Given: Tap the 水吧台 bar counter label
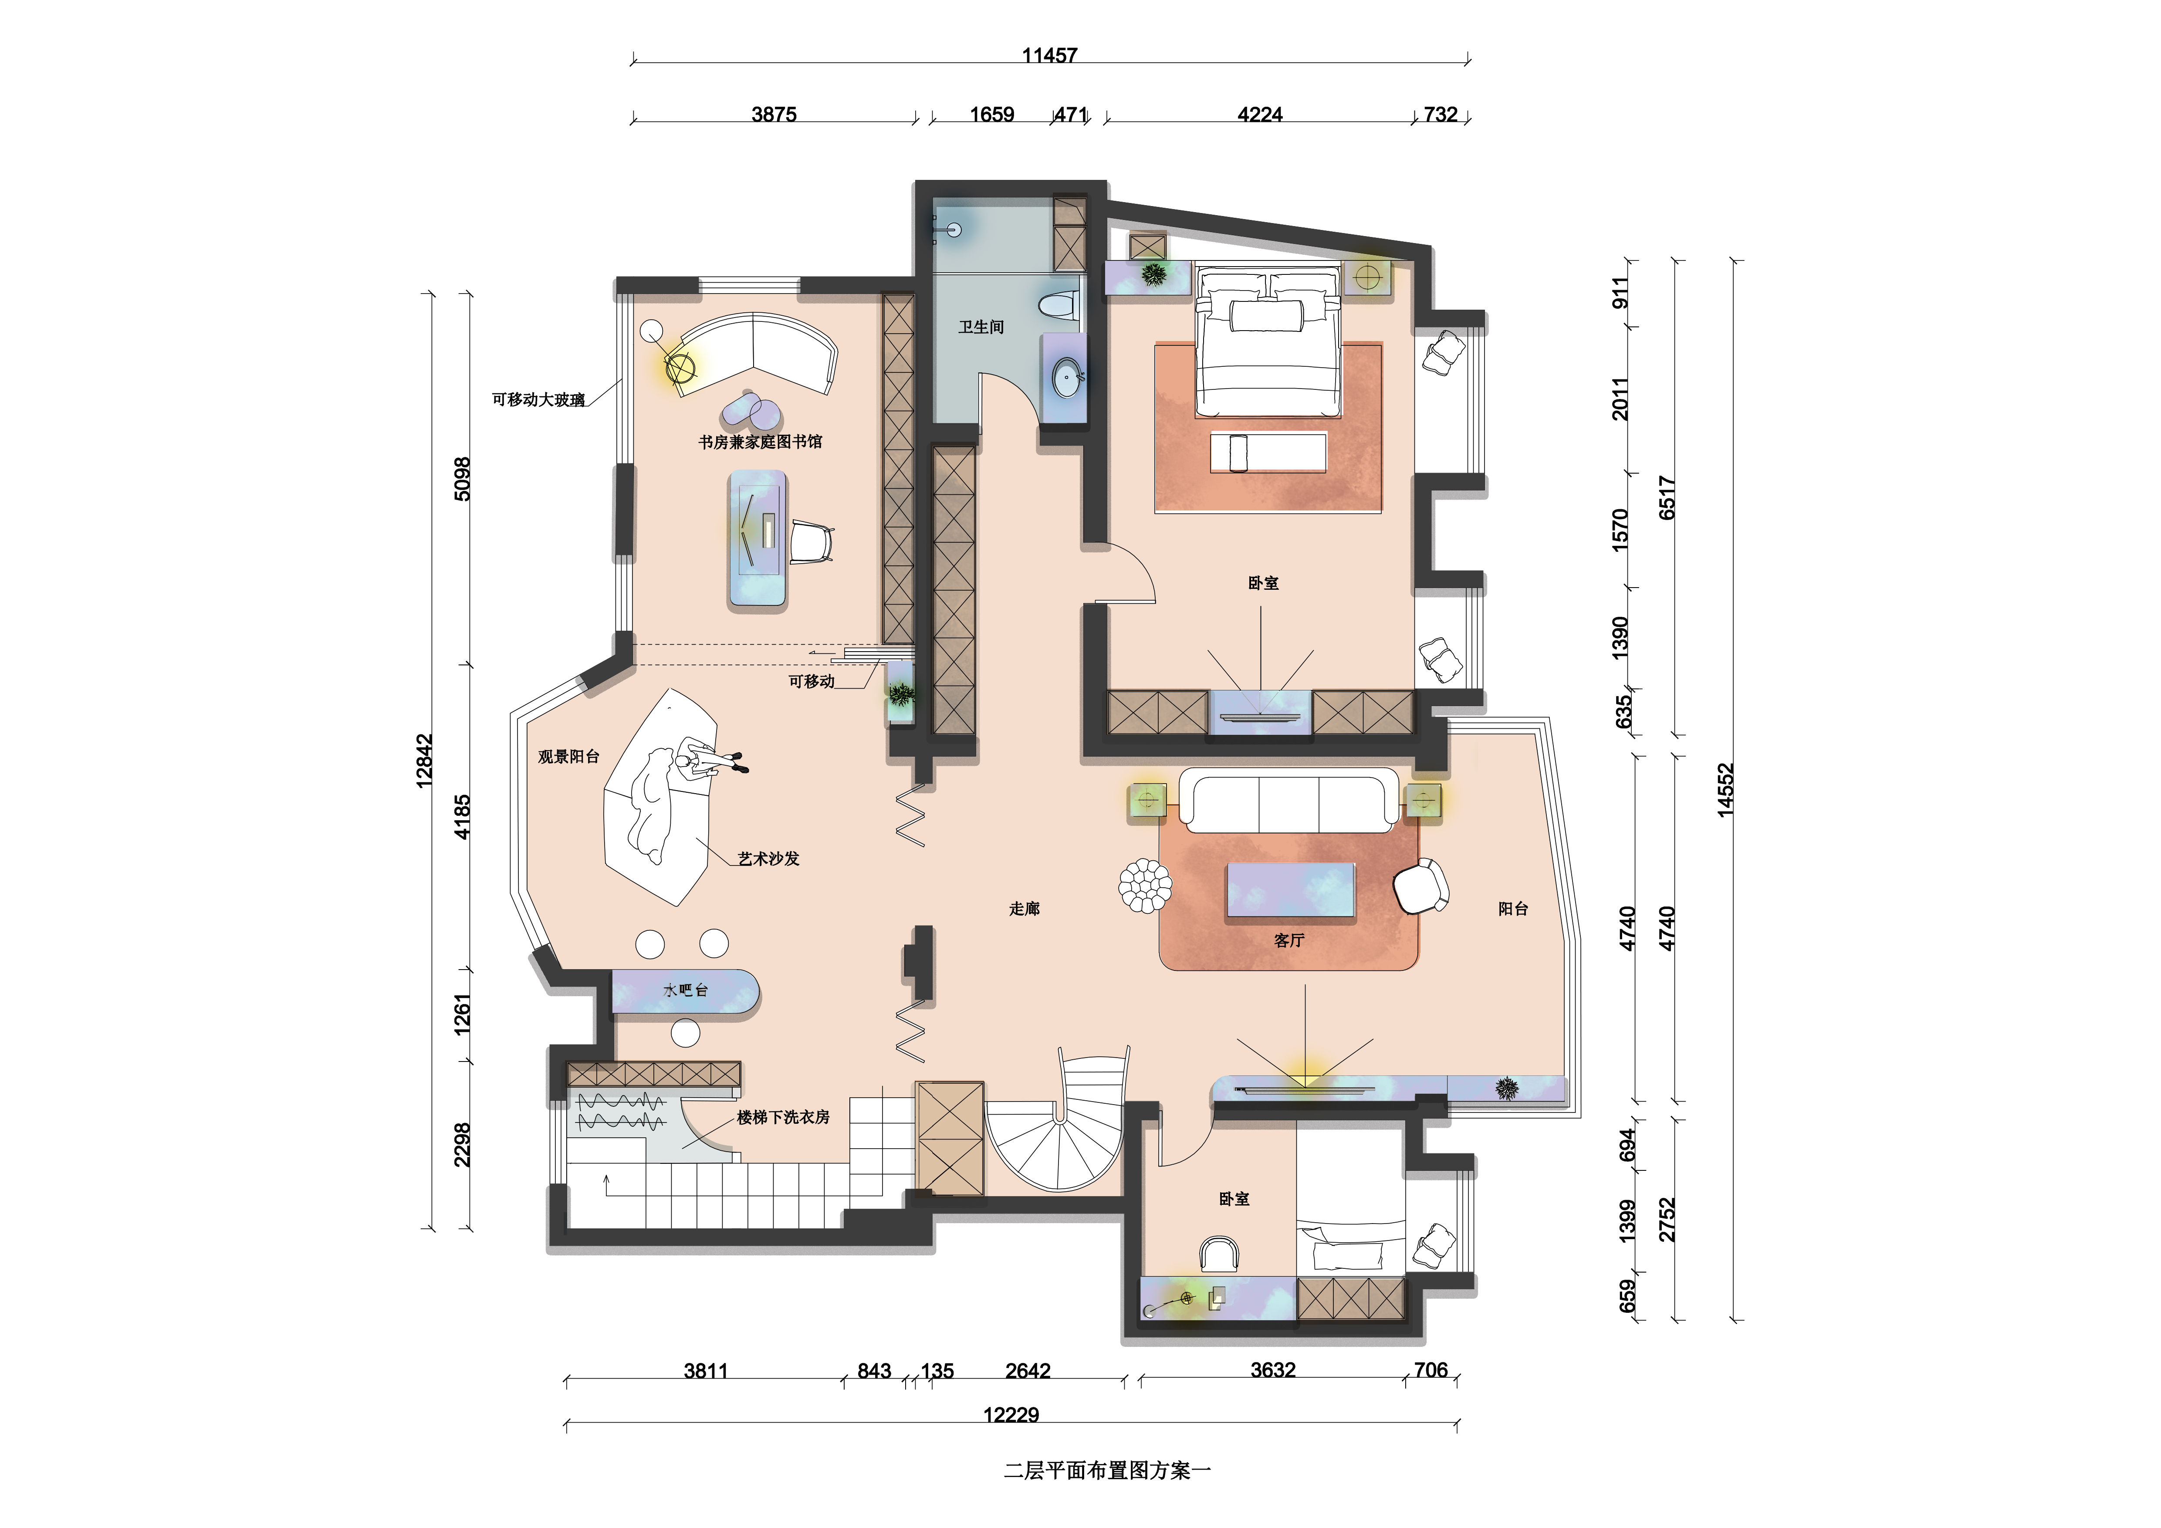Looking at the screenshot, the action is tap(685, 990).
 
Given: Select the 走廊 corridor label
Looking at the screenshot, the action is tap(1024, 908).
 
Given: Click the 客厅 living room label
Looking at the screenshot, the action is tap(1288, 940).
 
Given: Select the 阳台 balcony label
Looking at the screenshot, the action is tap(1512, 908).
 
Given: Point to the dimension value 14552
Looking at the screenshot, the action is tap(1725, 790).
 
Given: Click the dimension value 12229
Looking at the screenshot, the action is tap(1011, 1415).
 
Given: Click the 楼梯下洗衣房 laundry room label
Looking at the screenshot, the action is tap(783, 1117).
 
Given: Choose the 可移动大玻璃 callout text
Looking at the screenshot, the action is tap(538, 399).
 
